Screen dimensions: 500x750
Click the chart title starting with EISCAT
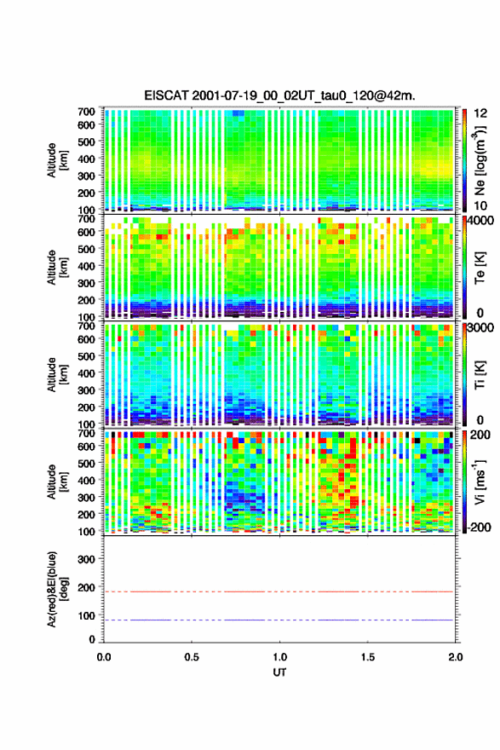tap(279, 95)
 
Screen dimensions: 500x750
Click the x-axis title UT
tap(279, 672)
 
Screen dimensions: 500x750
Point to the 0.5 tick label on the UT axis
tap(192, 657)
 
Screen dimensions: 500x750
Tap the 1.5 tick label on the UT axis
tap(368, 657)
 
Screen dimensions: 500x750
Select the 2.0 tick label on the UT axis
tap(456, 657)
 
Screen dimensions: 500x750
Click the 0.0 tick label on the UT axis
tap(104, 657)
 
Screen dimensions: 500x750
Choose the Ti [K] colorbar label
tap(480, 375)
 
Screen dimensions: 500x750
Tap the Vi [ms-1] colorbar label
tap(480, 482)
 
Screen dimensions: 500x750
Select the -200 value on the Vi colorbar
tap(479, 527)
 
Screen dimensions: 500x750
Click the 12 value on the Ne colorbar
tap(480, 113)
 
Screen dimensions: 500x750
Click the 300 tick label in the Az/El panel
tap(86, 559)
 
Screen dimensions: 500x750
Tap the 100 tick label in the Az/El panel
tap(86, 615)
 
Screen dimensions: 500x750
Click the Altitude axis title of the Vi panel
tap(57, 482)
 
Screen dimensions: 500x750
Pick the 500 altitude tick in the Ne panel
tap(86, 141)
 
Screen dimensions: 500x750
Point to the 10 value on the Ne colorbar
tap(480, 205)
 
